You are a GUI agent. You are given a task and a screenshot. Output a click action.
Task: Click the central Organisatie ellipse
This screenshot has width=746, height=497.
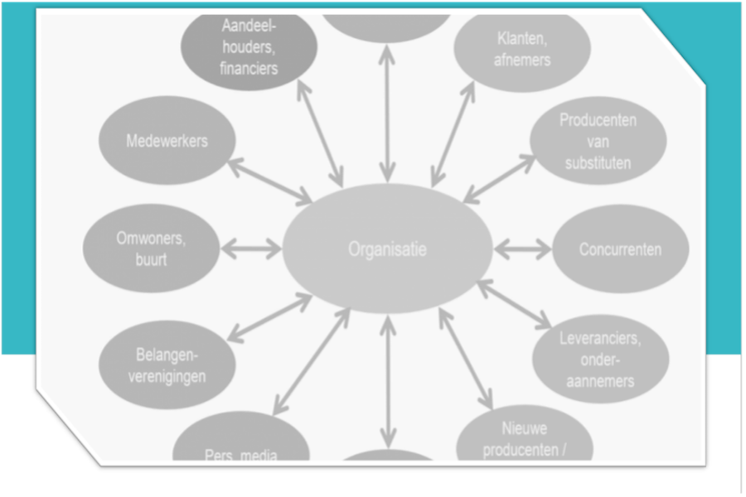click(387, 248)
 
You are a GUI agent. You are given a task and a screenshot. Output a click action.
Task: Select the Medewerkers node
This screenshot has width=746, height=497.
click(167, 141)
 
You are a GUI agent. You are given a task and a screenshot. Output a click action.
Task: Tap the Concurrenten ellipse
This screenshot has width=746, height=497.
click(620, 248)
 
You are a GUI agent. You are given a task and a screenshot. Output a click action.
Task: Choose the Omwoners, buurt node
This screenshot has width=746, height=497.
click(151, 248)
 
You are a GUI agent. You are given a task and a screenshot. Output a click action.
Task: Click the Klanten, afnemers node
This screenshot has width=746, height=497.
click(523, 48)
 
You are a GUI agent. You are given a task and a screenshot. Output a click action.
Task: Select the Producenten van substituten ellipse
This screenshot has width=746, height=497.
click(598, 141)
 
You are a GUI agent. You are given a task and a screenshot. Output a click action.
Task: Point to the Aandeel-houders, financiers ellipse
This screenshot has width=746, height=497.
click(249, 48)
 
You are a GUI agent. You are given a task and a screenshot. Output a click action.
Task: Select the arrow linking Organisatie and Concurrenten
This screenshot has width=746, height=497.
click(522, 248)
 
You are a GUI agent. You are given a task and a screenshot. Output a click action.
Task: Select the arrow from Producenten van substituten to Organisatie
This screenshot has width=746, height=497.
click(499, 178)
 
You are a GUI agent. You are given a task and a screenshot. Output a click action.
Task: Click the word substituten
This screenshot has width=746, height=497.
click(598, 162)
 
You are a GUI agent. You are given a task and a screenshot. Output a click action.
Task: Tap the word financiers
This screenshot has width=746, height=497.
click(249, 68)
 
